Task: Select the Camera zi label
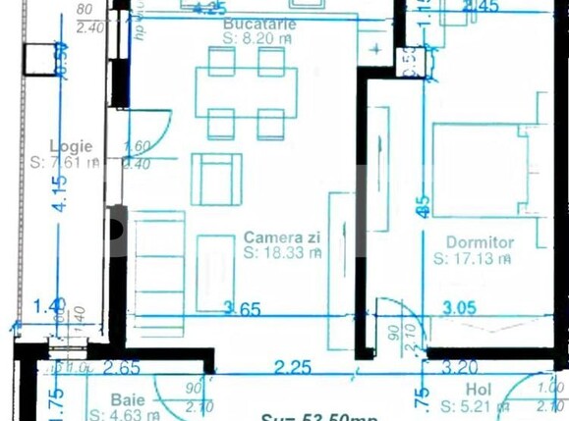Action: (x=278, y=237)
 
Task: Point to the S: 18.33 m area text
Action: (x=283, y=252)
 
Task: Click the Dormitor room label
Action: (x=480, y=242)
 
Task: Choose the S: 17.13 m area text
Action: (x=472, y=259)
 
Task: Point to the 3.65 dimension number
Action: (x=242, y=309)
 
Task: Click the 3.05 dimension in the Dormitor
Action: (x=459, y=308)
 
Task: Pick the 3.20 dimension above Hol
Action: (x=459, y=368)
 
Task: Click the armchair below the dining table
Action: (x=216, y=179)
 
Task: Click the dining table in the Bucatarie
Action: (x=247, y=93)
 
